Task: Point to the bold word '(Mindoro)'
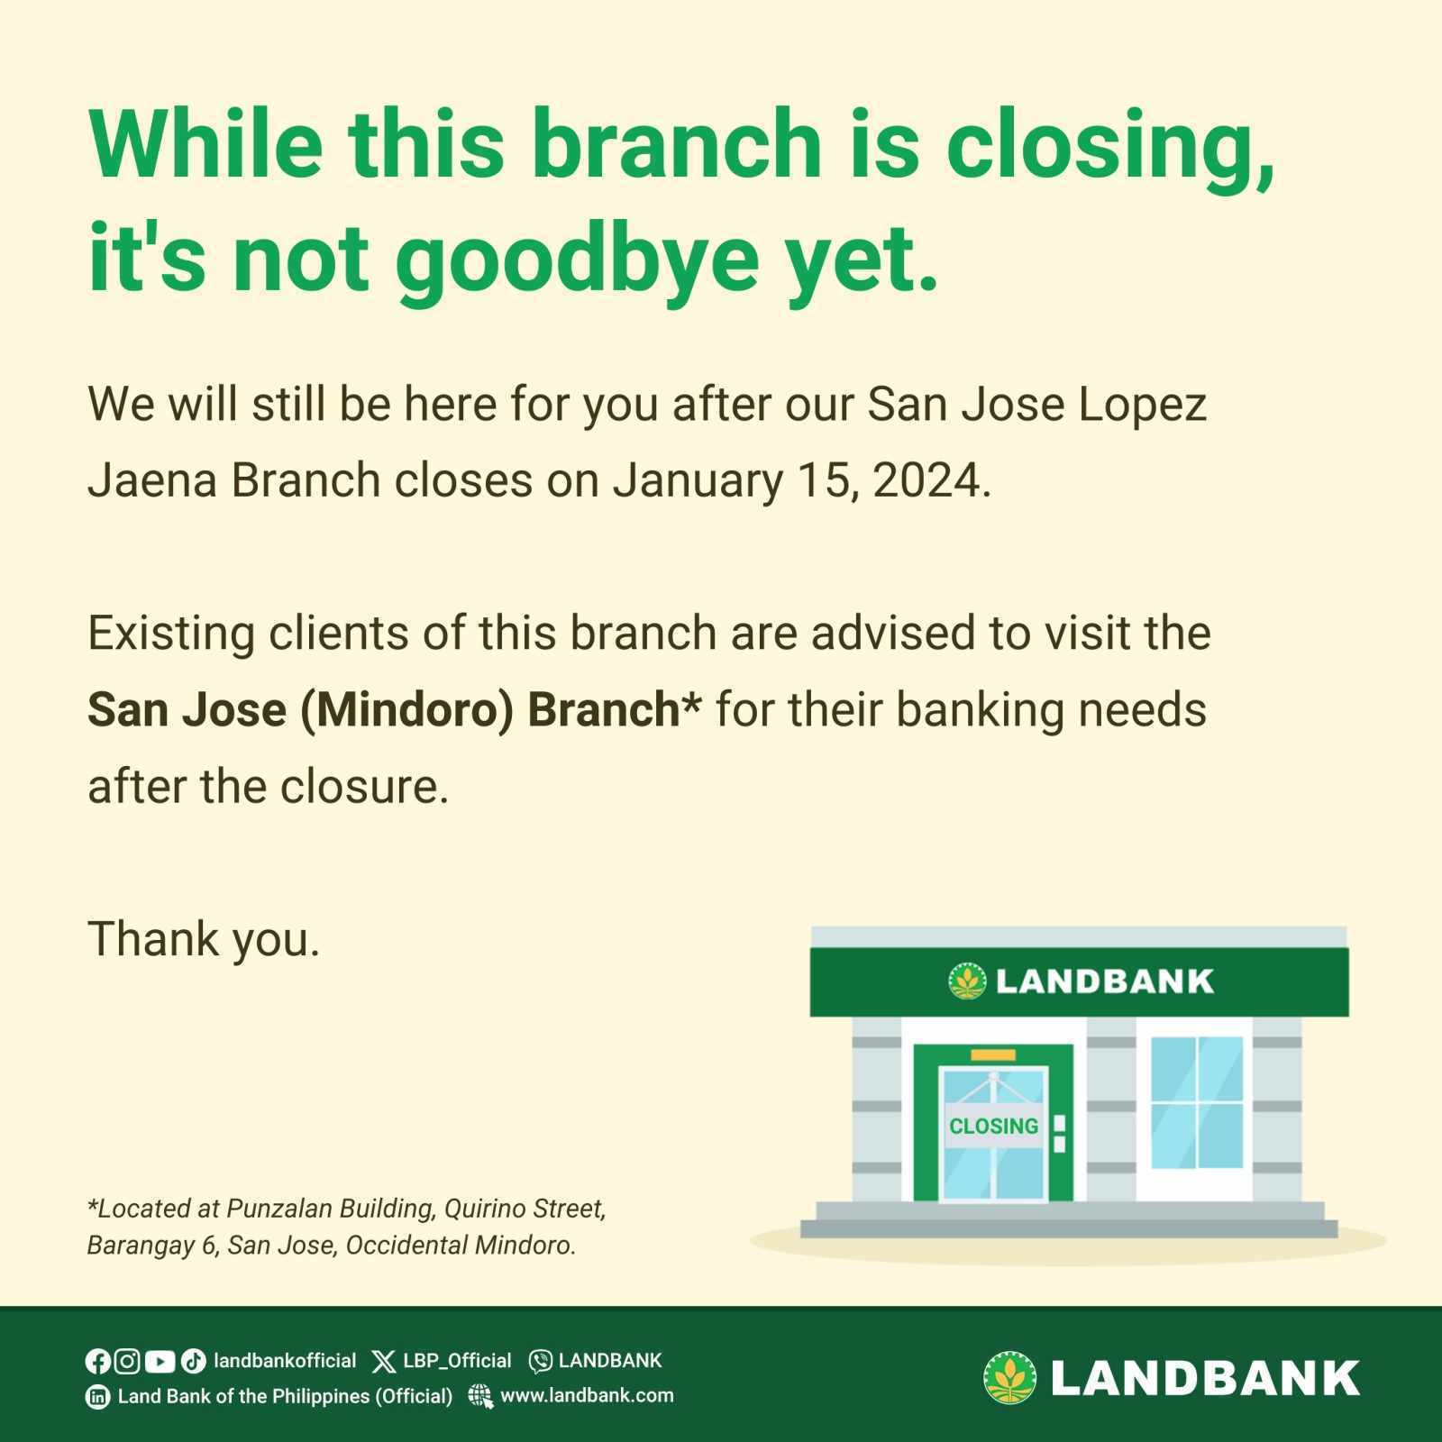pyautogui.click(x=407, y=710)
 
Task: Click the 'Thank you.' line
pyautogui.click(x=204, y=939)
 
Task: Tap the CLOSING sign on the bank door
pyautogui.click(x=993, y=1126)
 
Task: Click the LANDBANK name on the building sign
pyautogui.click(x=1105, y=981)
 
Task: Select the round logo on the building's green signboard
pyautogui.click(x=968, y=981)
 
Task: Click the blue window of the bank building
pyautogui.click(x=1197, y=1102)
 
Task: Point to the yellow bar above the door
pyautogui.click(x=993, y=1054)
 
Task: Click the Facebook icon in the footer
pyautogui.click(x=97, y=1361)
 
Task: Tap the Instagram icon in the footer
pyautogui.click(x=128, y=1361)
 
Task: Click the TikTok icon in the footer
pyautogui.click(x=193, y=1361)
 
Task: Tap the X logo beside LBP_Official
pyautogui.click(x=384, y=1361)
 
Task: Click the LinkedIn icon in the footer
pyautogui.click(x=97, y=1397)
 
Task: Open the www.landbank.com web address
pyautogui.click(x=587, y=1396)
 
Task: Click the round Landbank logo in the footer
pyautogui.click(x=1010, y=1377)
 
